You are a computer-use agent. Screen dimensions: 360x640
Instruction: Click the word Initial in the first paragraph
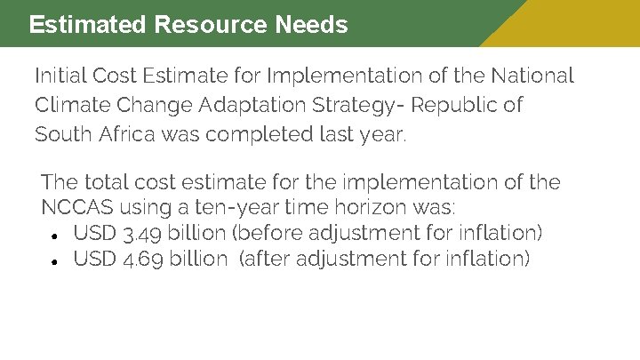[x=60, y=76]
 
